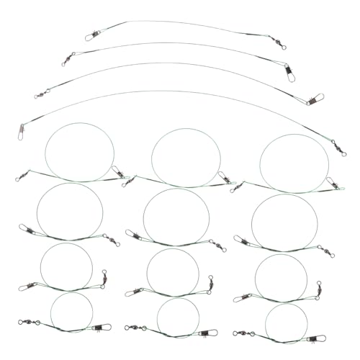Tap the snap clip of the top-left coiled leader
point(120,172)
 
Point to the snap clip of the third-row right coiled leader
point(243,296)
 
